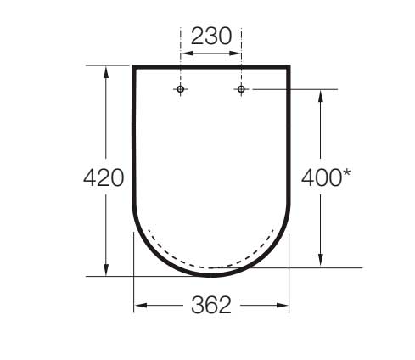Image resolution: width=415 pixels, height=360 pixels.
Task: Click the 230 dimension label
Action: click(x=211, y=37)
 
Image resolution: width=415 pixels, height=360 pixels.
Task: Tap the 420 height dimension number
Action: click(x=104, y=177)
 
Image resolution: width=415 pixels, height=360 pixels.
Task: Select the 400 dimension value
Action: click(x=322, y=177)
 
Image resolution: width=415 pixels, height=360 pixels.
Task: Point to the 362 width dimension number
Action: click(x=211, y=305)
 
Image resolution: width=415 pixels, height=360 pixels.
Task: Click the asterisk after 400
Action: click(x=346, y=173)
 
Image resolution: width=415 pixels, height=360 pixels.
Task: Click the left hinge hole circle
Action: click(x=181, y=89)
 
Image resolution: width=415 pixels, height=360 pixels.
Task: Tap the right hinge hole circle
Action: click(x=241, y=89)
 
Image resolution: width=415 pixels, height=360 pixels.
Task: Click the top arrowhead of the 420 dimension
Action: click(x=106, y=72)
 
